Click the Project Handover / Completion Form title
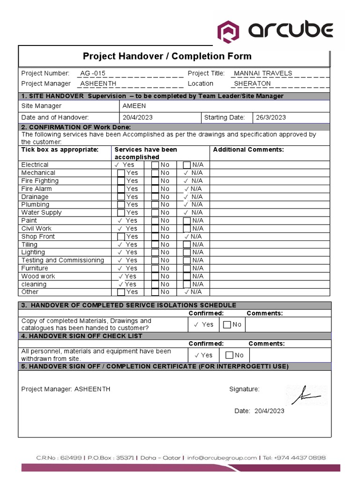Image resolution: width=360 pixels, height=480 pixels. [167, 56]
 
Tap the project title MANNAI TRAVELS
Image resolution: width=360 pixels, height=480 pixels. [262, 73]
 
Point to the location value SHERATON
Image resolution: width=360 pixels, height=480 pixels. [252, 83]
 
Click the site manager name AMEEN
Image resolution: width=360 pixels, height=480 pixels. [134, 106]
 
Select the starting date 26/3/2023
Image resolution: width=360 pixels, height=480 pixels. [270, 117]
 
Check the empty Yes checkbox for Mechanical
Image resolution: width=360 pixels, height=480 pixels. [121, 173]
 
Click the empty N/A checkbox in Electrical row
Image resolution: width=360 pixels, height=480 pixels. [187, 165]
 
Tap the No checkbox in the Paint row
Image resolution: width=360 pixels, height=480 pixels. [155, 221]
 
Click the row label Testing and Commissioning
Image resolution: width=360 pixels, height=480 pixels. [62, 260]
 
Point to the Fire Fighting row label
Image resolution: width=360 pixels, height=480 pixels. [40, 180]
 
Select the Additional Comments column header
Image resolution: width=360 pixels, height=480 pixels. [248, 150]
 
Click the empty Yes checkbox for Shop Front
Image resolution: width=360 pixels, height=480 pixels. [121, 237]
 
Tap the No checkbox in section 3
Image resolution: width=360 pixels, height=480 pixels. [227, 325]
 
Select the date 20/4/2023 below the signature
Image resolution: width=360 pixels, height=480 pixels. [269, 411]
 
